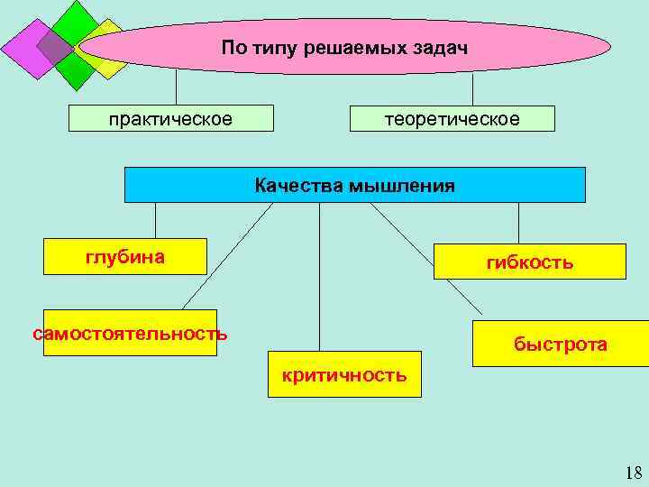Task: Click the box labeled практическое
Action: click(x=170, y=119)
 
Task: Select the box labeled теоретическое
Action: click(x=452, y=119)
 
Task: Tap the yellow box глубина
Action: click(x=125, y=257)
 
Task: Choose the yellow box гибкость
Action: click(x=529, y=262)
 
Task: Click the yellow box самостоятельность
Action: click(x=130, y=333)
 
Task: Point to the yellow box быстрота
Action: click(x=560, y=344)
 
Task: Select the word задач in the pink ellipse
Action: click(x=442, y=46)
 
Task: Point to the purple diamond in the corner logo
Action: click(x=27, y=50)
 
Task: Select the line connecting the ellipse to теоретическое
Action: click(x=473, y=90)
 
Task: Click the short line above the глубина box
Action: click(x=155, y=220)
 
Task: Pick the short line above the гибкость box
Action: click(x=518, y=223)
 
